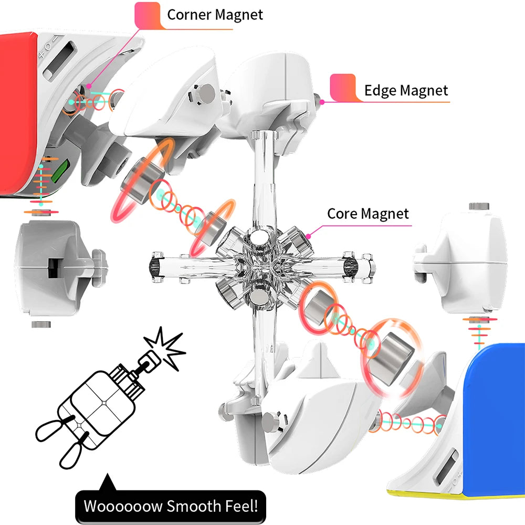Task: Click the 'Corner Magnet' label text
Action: coord(214,14)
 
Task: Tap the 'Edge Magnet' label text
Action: coord(406,91)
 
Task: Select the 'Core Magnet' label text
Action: coord(367,214)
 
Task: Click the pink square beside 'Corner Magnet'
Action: coord(148,15)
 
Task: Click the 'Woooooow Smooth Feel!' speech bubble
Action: coord(171,507)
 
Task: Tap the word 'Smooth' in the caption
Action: coord(192,507)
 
